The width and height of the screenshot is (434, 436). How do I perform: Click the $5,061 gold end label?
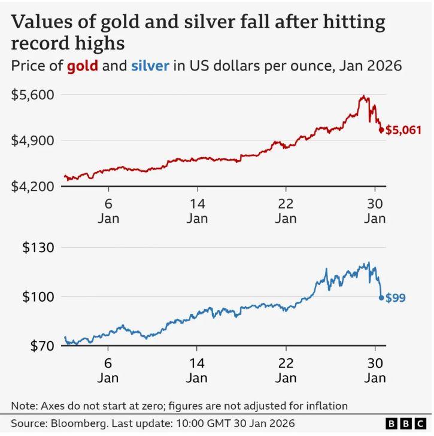[403, 130]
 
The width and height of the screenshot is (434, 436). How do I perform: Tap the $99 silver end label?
[395, 297]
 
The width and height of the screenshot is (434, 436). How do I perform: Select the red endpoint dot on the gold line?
[381, 130]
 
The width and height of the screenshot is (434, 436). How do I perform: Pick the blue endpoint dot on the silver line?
[381, 297]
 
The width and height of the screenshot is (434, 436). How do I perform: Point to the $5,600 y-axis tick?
[33, 94]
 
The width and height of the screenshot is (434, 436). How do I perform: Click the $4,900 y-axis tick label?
[33, 140]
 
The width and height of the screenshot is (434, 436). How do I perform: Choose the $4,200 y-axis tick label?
[33, 186]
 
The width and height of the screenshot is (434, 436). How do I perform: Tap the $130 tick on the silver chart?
[38, 247]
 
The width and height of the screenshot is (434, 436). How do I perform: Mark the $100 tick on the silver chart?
[38, 297]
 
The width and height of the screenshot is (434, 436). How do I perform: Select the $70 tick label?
[41, 346]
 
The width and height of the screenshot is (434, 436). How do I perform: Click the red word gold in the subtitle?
[82, 66]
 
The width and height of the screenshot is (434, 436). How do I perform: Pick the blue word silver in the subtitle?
[150, 66]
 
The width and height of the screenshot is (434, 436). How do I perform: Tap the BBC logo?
[406, 424]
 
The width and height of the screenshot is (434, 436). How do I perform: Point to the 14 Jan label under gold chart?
[197, 210]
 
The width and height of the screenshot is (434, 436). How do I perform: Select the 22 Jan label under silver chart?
[286, 370]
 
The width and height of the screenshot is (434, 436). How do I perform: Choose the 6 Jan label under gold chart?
[108, 210]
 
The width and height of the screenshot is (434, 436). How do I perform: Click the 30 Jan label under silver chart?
[375, 370]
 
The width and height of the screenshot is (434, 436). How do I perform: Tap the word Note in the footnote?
[23, 406]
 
